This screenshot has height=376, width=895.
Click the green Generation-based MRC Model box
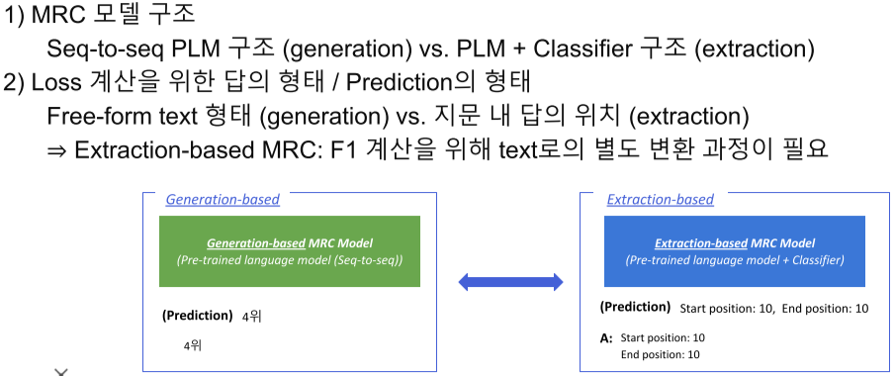coord(290,251)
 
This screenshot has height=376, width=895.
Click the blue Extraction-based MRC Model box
coord(735,251)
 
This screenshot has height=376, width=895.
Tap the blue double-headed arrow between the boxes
coord(511,281)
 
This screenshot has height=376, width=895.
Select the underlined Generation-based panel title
coord(223,200)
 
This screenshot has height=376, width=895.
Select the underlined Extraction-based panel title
coord(661,200)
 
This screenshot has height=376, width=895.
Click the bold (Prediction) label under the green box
coord(198,316)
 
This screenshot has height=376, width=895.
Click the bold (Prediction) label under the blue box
coord(635,307)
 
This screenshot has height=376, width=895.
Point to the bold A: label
coord(607,338)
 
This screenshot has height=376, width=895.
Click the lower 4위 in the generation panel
coord(193,345)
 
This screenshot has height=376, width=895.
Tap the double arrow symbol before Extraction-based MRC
coord(57,150)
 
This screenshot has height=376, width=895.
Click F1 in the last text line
coord(345,149)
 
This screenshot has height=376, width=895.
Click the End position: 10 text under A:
coord(661,355)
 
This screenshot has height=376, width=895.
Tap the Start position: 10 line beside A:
coord(663,337)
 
